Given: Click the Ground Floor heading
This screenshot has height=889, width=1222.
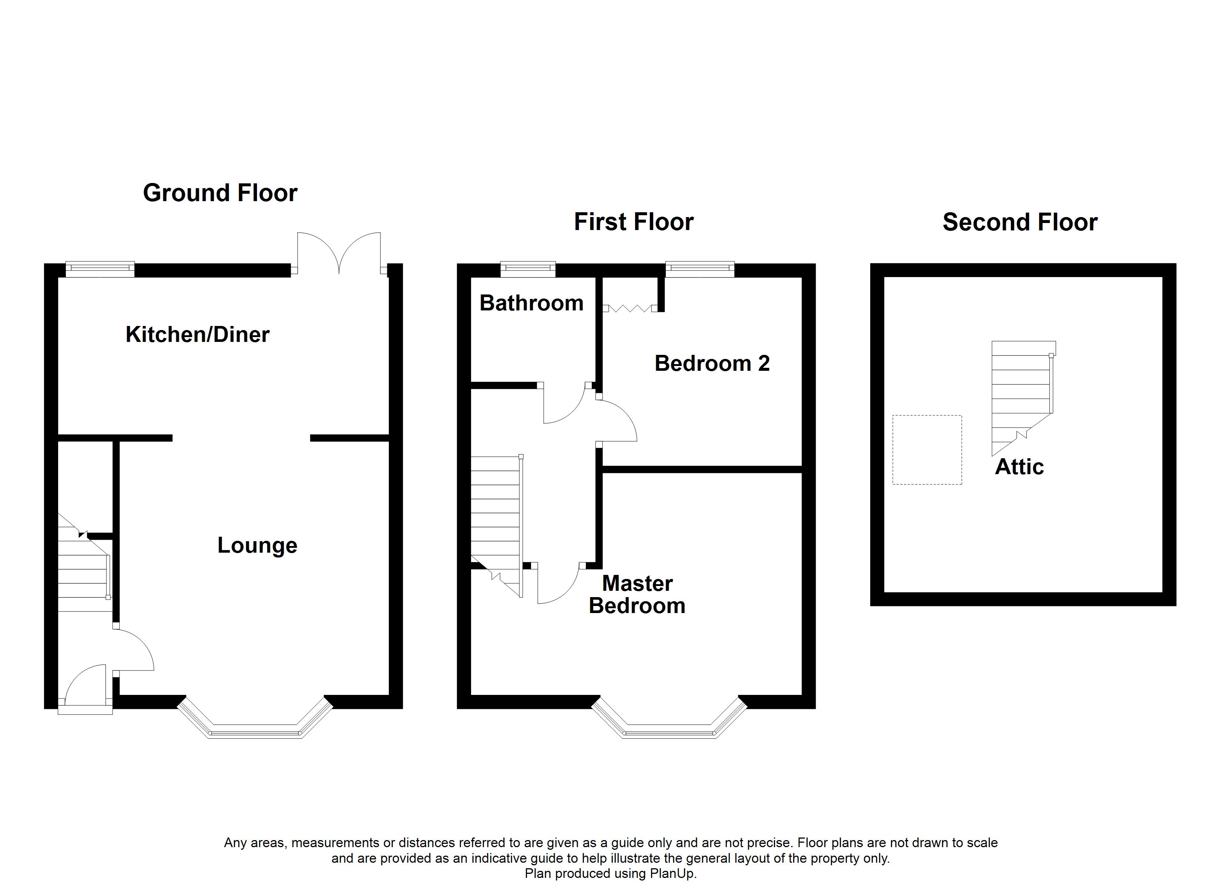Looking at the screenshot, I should pyautogui.click(x=220, y=193).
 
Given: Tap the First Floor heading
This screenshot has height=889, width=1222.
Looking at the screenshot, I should pyautogui.click(x=634, y=222).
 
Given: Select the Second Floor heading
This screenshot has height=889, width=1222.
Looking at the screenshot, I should pyautogui.click(x=1019, y=222).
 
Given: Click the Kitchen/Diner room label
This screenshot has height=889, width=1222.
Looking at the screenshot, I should pyautogui.click(x=197, y=335).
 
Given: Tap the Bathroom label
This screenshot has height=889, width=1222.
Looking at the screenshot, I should pyautogui.click(x=531, y=303).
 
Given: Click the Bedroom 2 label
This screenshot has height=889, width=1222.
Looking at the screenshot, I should pyautogui.click(x=712, y=363).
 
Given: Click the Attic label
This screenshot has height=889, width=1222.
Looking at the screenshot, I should pyautogui.click(x=1019, y=466).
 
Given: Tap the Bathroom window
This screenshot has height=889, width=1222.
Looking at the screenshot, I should pyautogui.click(x=527, y=269).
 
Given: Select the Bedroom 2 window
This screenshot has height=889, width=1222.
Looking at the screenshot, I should pyautogui.click(x=700, y=269).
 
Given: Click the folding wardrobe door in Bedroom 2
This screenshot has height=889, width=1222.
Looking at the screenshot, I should pyautogui.click(x=630, y=309).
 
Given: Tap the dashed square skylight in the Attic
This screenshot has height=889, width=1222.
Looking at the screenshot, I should pyautogui.click(x=927, y=450).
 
